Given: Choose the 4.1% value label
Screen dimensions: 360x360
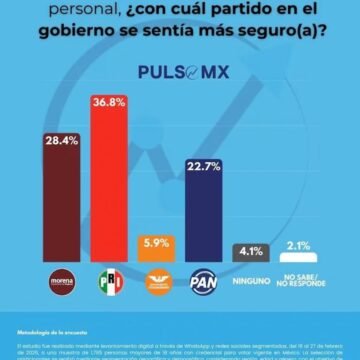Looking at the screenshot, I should [252, 251].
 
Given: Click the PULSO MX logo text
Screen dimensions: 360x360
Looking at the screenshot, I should [180, 73].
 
